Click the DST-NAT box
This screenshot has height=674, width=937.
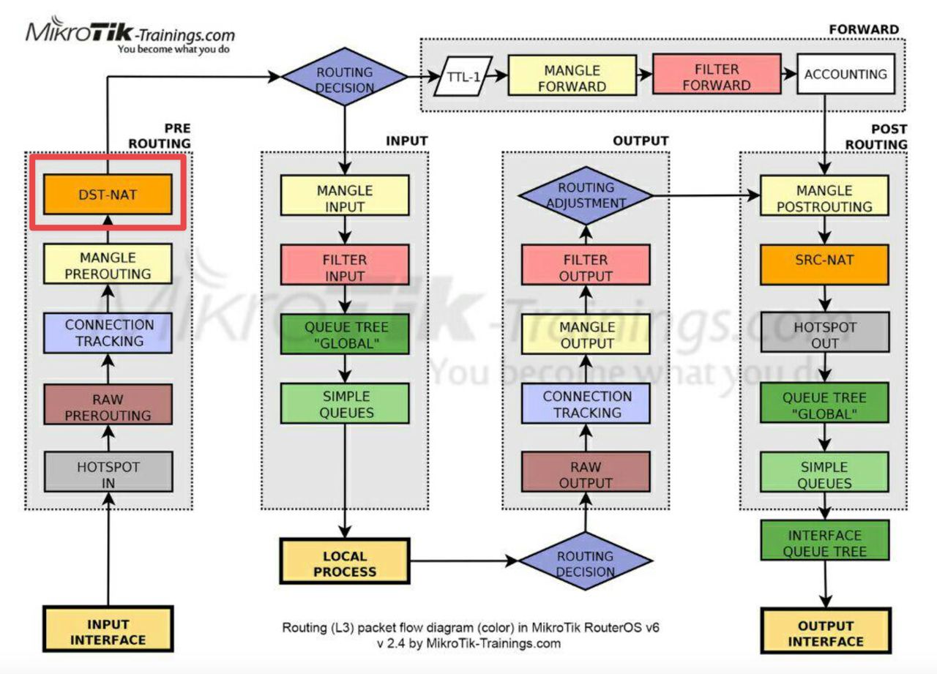[x=108, y=195]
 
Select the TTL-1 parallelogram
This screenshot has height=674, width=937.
[x=463, y=77]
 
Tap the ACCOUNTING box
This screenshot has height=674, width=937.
[x=845, y=74]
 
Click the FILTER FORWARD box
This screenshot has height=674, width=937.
[x=717, y=74]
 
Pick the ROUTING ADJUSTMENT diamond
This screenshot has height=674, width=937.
[x=586, y=195]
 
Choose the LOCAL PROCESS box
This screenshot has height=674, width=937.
[x=345, y=561]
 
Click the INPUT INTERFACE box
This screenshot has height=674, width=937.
[x=108, y=629]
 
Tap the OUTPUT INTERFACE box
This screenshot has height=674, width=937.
[x=826, y=631]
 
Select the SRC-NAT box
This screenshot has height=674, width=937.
[x=824, y=265]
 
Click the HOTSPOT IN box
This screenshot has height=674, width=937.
[x=108, y=471]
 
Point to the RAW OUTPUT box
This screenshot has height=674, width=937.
[x=586, y=471]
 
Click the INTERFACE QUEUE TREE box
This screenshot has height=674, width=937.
[x=825, y=540]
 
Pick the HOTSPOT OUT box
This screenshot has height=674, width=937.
[x=825, y=332]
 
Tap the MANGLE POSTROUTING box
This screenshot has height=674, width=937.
[x=824, y=195]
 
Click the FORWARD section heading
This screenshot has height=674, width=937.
[x=864, y=29]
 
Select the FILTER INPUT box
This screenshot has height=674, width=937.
[x=345, y=265]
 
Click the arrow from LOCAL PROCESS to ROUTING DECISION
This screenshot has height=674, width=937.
[x=464, y=561]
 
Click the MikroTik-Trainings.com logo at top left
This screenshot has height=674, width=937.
[x=130, y=36]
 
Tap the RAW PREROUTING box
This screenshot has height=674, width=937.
[x=108, y=404]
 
